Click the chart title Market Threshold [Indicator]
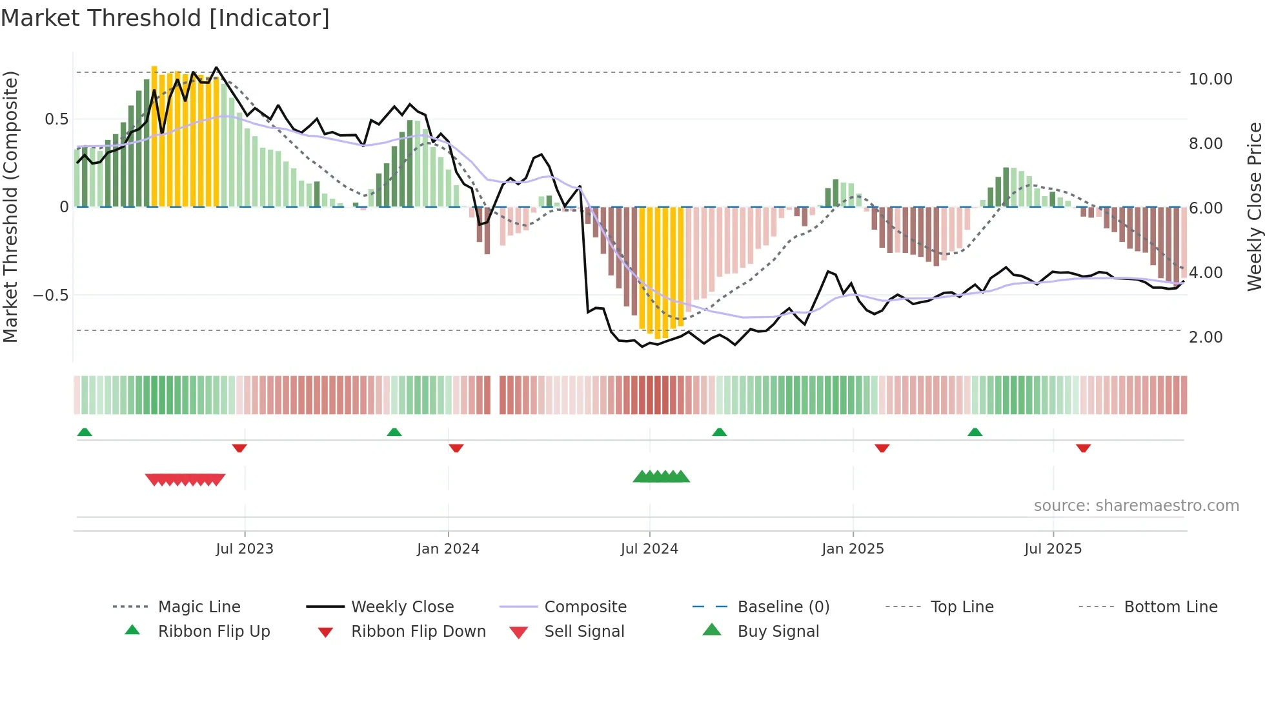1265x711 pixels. tap(165, 18)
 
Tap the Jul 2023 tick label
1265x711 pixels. tap(245, 549)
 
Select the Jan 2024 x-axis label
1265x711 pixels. tap(448, 549)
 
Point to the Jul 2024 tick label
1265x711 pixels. tap(649, 549)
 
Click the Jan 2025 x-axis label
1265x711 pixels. tap(853, 549)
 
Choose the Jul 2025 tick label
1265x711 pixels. tap(1053, 549)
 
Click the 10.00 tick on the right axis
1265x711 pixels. tap(1210, 79)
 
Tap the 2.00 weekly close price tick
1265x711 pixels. tap(1206, 337)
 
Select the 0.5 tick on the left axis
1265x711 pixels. tap(56, 119)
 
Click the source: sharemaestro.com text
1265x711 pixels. tap(1136, 506)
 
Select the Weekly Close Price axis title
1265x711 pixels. tap(1254, 206)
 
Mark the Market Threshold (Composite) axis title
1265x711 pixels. tap(10, 206)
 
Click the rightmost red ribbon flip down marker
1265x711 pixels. tap(1083, 448)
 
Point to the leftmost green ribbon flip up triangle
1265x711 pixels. tap(85, 432)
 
